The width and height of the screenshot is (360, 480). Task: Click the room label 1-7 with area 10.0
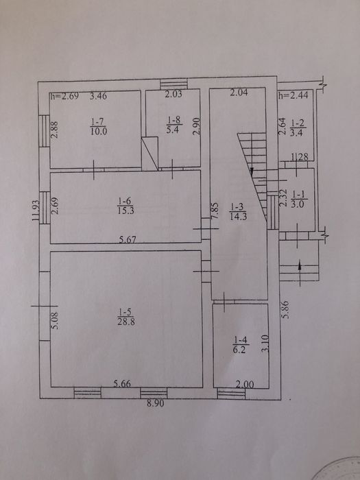click(99, 127)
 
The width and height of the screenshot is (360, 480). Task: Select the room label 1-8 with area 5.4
click(174, 125)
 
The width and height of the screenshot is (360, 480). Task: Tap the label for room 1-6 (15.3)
click(125, 206)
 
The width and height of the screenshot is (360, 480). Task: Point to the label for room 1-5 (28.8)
click(126, 317)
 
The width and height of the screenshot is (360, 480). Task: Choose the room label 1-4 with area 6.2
click(240, 345)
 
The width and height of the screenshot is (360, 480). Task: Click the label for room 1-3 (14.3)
click(238, 212)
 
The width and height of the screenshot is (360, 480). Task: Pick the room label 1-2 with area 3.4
click(298, 128)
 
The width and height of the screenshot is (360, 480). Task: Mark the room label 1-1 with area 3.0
click(297, 200)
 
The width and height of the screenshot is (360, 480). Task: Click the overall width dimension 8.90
click(155, 403)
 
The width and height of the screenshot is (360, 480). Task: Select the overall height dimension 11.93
click(36, 211)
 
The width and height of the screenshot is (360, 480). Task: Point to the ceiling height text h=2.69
click(64, 96)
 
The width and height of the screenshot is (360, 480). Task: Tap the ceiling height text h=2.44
click(293, 95)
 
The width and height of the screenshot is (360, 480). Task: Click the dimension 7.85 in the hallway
click(215, 211)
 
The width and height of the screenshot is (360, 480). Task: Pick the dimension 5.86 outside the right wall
click(285, 310)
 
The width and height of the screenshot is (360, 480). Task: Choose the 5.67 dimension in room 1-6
click(128, 239)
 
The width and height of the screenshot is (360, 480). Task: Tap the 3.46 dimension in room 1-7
click(98, 96)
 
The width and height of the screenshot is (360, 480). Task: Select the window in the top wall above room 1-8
click(174, 84)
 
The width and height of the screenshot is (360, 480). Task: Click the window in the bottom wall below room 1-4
click(231, 394)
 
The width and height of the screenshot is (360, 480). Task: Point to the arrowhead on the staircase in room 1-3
click(252, 171)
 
